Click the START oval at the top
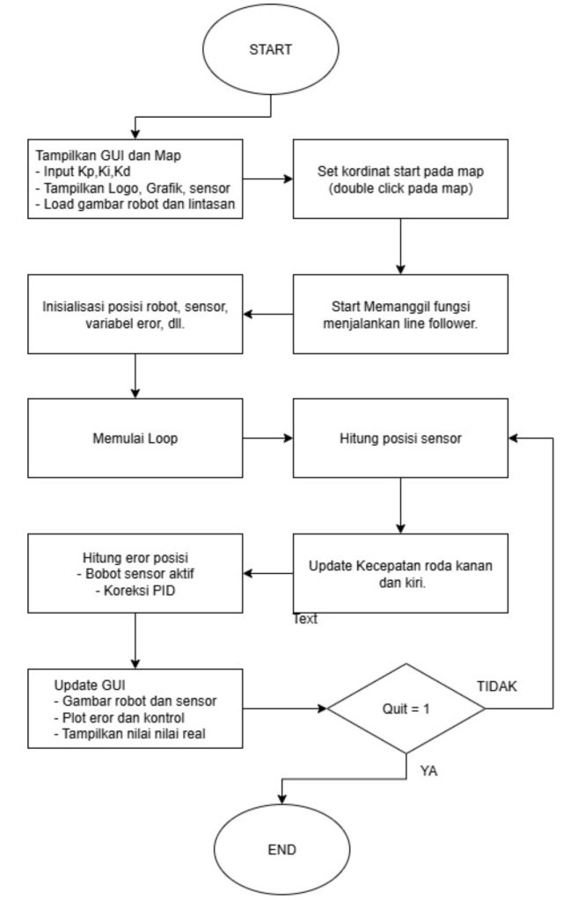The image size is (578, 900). pos(271,49)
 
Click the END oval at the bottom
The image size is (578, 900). pos(282,849)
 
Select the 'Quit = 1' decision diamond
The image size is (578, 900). pos(406,708)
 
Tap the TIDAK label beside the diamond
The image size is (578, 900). pos(497,686)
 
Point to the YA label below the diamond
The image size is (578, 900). pos(428,771)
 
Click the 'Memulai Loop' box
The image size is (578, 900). pos(135,438)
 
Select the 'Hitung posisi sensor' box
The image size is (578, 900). pos(400,438)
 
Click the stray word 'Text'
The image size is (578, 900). pos(305,619)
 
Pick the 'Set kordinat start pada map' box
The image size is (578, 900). pos(400,178)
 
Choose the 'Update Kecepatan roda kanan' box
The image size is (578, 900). pos(400,573)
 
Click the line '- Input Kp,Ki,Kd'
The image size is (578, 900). pos(84,171)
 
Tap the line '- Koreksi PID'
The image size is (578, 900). pos(135,590)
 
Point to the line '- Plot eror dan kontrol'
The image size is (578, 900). pos(120,717)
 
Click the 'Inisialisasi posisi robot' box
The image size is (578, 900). pos(135,314)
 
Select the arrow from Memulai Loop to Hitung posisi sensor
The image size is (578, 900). pos(267,438)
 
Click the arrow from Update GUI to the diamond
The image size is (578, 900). pos(285,708)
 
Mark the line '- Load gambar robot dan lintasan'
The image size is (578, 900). pos(135,204)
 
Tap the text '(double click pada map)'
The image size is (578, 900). pos(400,188)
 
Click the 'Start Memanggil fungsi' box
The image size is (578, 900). pos(400,314)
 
